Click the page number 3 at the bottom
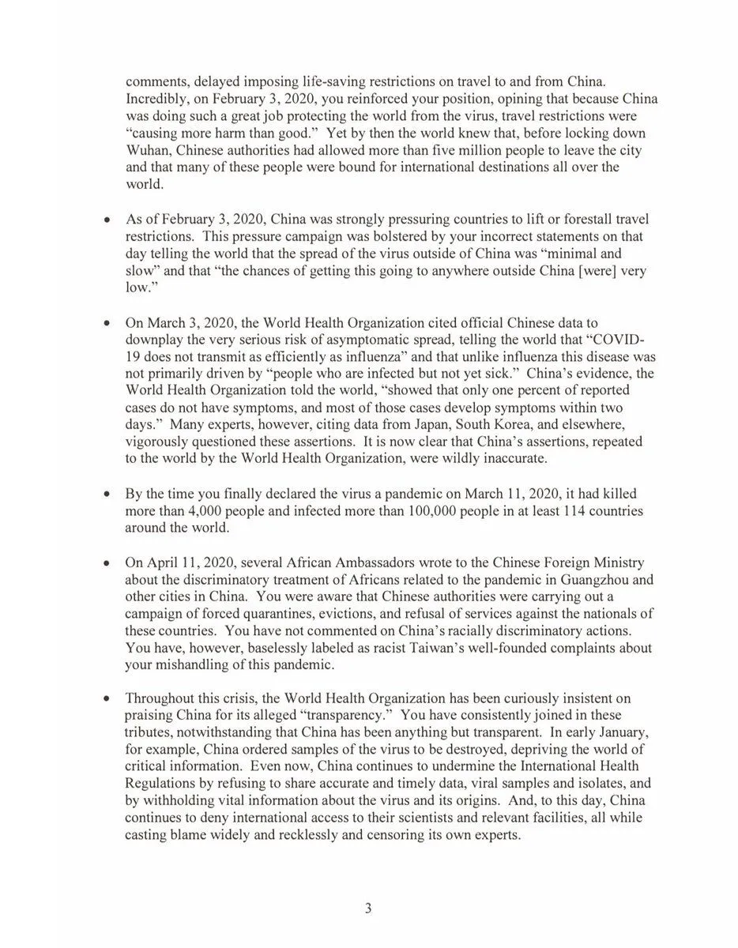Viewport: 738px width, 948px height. (x=368, y=908)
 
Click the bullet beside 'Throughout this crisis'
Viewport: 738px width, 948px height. (x=106, y=699)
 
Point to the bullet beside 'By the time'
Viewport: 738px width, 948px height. (x=106, y=494)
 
